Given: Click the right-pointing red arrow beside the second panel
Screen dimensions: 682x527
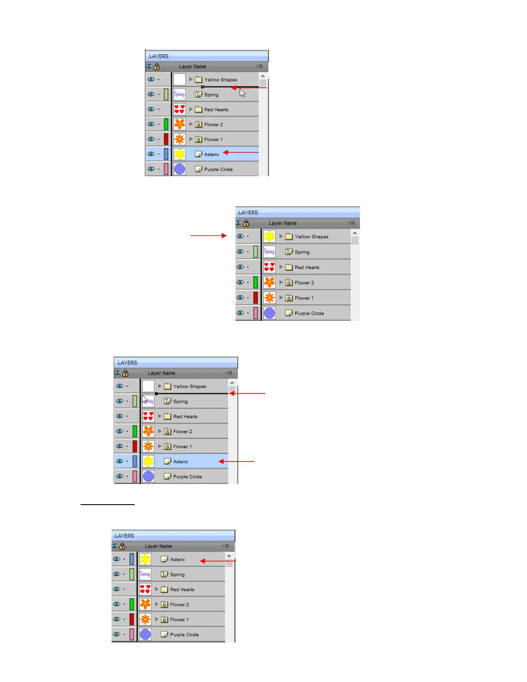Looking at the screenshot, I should click(208, 236).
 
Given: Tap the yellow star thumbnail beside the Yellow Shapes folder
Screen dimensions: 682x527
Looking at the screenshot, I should click(270, 236).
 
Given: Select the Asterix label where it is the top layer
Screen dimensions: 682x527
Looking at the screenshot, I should click(177, 559).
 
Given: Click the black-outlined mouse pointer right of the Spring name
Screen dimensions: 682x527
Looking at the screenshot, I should click(242, 93).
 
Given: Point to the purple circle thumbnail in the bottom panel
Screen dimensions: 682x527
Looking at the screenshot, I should click(146, 634).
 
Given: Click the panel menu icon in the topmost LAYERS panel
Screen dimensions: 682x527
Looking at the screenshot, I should click(260, 66).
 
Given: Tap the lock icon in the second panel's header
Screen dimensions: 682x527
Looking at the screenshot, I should click(246, 223).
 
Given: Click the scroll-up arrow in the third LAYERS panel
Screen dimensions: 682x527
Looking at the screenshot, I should click(232, 383).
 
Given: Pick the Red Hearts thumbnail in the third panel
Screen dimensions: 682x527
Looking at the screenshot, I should click(148, 416).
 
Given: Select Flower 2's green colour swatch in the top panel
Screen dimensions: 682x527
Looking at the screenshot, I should click(166, 124).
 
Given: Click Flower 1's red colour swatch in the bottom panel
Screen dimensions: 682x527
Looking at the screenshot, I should click(132, 619).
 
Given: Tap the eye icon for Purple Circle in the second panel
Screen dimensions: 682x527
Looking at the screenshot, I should click(240, 313).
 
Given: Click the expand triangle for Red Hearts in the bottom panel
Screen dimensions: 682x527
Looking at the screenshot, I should click(157, 589).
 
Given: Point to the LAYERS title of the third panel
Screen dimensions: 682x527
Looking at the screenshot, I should click(127, 363).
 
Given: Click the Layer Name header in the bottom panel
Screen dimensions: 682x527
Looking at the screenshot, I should click(158, 546).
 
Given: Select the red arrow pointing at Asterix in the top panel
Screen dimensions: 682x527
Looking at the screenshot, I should click(241, 152).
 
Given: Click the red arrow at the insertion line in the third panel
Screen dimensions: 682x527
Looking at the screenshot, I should click(247, 394).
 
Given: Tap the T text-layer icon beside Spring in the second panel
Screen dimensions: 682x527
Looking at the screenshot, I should click(289, 252).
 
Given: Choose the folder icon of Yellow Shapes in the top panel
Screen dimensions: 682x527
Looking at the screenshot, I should click(198, 80).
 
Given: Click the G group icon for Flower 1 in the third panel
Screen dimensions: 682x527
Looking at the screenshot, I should click(167, 446).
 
